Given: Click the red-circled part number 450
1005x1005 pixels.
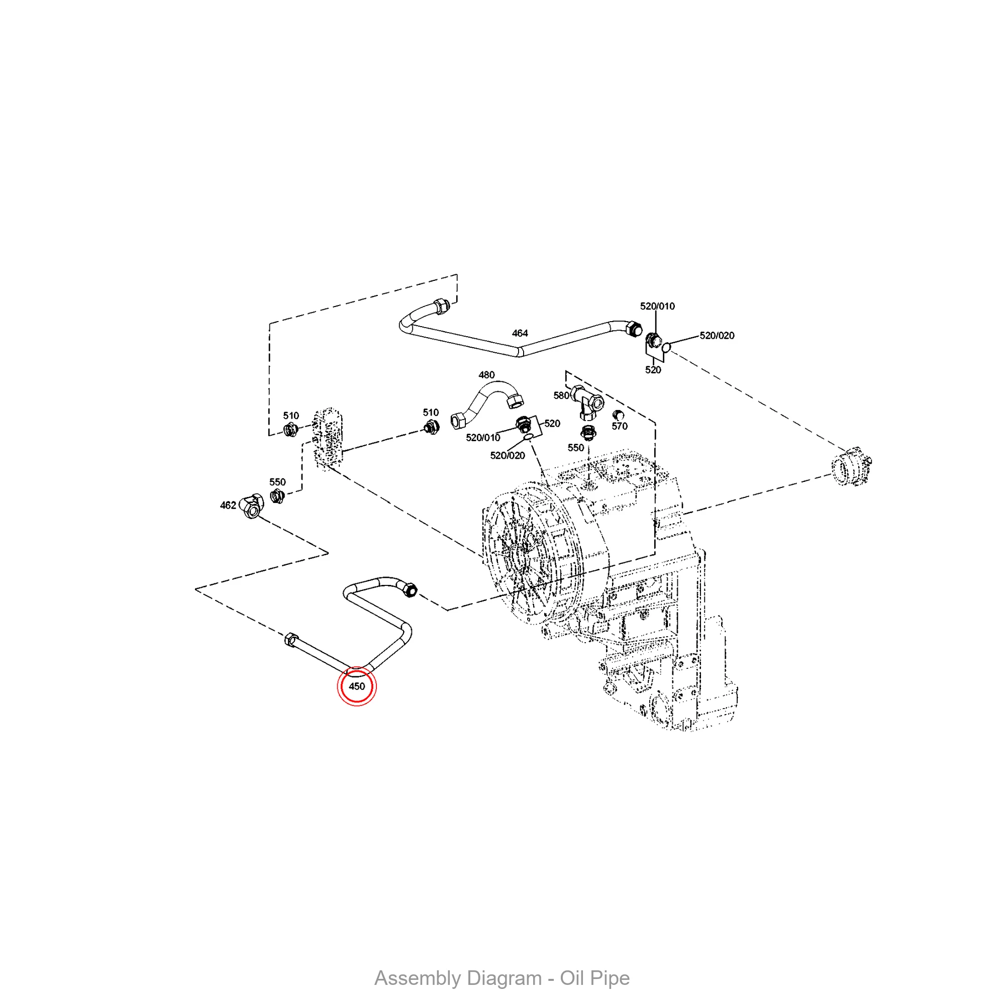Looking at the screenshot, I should click(x=357, y=686).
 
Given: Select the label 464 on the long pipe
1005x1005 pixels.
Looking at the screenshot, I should click(x=520, y=333).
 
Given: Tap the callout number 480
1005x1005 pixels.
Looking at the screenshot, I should click(x=486, y=374).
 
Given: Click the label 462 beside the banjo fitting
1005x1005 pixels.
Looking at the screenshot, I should click(x=228, y=505).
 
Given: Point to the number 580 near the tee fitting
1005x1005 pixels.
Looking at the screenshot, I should click(x=561, y=395).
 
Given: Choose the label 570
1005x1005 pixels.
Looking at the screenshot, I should click(x=620, y=426).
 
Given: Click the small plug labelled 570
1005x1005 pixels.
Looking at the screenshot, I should click(x=618, y=415).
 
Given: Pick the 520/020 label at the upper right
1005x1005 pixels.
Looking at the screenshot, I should click(x=717, y=336).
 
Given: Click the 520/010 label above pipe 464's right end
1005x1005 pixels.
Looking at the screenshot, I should click(x=657, y=306).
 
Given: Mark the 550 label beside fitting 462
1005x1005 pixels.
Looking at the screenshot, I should click(x=277, y=482).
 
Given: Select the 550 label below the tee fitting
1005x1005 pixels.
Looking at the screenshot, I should click(x=575, y=447).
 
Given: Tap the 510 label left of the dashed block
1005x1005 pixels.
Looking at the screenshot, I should click(x=291, y=416).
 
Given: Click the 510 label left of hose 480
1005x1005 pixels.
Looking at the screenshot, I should click(x=431, y=413).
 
